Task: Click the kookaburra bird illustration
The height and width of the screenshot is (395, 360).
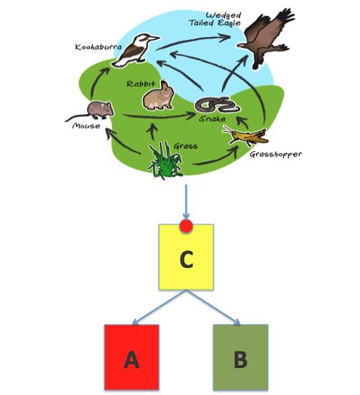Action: coord(135,51)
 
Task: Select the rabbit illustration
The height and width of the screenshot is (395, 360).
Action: coord(158,97)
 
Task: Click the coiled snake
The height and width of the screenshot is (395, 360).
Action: coord(217,105)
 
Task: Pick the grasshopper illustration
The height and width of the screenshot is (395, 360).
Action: coord(245,136)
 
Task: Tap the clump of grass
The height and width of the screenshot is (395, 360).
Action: coord(165,160)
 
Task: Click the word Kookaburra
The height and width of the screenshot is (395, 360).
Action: coord(99,47)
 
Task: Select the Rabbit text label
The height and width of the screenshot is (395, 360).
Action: coord(141,84)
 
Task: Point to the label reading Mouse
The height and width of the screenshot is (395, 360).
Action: coord(86,126)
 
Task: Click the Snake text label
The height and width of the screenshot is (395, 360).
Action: coord(212,118)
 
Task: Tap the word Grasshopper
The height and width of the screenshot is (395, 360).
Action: coord(276,154)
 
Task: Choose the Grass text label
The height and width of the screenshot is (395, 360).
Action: coord(186,146)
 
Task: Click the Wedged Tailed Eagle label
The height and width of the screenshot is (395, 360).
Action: coord(215,19)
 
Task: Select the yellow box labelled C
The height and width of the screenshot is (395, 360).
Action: coord(187,257)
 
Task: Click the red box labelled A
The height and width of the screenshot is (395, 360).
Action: coord(131,357)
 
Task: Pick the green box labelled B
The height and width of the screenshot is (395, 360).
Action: coord(240,357)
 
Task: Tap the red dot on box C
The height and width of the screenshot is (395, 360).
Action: coord(187,226)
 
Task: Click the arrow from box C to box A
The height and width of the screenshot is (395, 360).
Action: coord(159,308)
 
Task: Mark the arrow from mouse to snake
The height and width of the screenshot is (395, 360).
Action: coord(159,117)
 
